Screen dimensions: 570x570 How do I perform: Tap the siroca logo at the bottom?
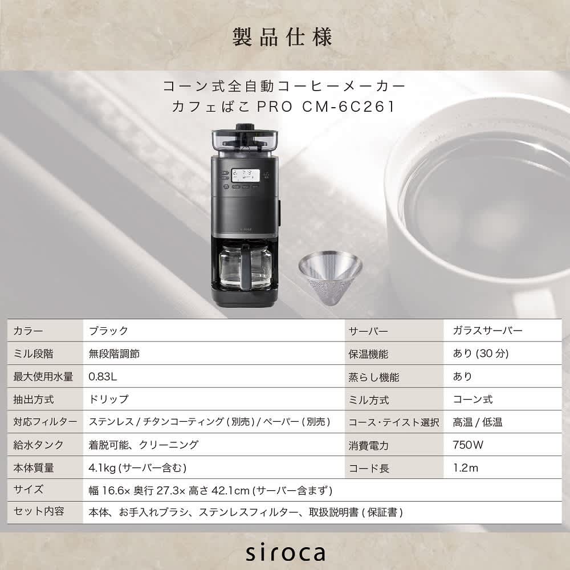[285, 552]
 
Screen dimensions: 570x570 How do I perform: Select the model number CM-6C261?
[348, 107]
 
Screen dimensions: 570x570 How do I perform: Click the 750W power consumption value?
[468, 445]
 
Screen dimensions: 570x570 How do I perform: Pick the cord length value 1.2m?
[466, 468]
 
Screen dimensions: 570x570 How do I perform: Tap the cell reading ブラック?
[108, 331]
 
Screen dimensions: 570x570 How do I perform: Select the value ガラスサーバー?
[487, 331]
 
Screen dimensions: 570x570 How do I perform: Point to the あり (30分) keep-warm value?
[480, 353]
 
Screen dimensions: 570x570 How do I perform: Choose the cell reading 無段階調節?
[115, 353]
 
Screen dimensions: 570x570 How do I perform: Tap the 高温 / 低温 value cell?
[478, 422]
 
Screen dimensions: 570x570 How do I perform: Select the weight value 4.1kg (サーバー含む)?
[137, 468]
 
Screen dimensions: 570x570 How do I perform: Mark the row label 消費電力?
[368, 446]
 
